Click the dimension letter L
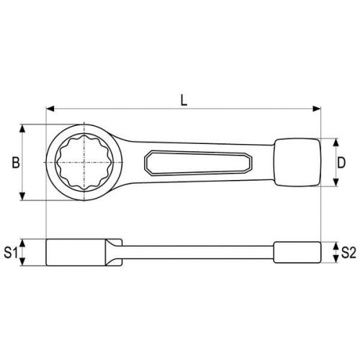tap(184, 100)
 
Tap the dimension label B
tap(14, 163)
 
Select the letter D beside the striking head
tap(341, 163)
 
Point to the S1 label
tap(10, 253)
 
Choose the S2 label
tap(348, 253)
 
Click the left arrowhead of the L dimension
tap(49, 110)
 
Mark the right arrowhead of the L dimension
tap(317, 110)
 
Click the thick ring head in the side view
tap(76, 252)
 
